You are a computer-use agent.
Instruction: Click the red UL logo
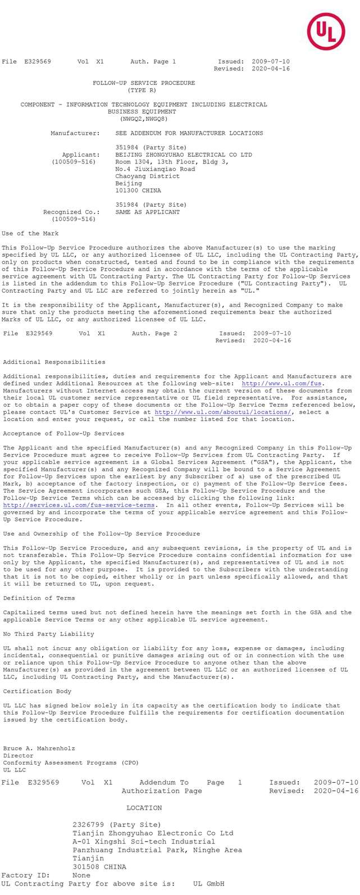tap(326, 31)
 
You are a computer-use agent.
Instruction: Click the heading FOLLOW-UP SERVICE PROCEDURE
tap(144, 83)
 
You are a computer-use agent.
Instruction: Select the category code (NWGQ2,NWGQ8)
tap(144, 119)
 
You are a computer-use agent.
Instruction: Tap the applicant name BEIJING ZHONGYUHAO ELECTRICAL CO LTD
tap(184, 155)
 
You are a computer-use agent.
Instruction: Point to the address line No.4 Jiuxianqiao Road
tap(155, 169)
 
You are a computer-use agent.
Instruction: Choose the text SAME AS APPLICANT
tap(148, 212)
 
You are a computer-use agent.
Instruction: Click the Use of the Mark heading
tap(30, 234)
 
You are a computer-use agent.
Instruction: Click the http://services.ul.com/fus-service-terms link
tap(79, 506)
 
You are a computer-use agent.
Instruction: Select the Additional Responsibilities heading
tap(54, 362)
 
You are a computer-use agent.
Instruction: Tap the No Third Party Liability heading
tap(48, 634)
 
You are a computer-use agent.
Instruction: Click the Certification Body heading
tap(37, 692)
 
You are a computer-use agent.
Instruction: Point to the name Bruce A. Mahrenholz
tap(39, 749)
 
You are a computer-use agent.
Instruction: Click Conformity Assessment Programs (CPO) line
tap(71, 763)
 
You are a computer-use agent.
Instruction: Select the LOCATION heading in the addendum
tap(144, 808)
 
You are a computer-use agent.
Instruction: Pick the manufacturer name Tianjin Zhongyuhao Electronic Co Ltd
tap(153, 833)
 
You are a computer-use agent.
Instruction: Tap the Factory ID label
tap(25, 875)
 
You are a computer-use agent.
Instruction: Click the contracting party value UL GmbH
tap(208, 884)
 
